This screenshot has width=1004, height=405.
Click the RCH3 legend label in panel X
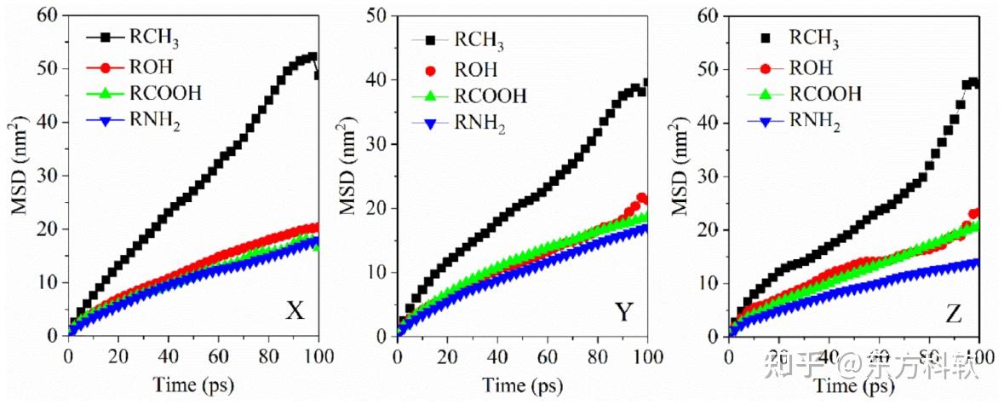(x=154, y=38)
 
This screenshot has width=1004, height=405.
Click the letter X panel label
(x=295, y=312)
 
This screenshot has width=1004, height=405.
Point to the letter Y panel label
(x=624, y=313)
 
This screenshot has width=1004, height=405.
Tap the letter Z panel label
(x=953, y=315)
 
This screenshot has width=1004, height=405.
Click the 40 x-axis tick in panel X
(x=168, y=354)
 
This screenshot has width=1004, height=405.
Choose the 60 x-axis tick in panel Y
(x=548, y=354)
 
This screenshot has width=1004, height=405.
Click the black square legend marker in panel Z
(x=766, y=38)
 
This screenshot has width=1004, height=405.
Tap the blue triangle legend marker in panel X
(x=106, y=122)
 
